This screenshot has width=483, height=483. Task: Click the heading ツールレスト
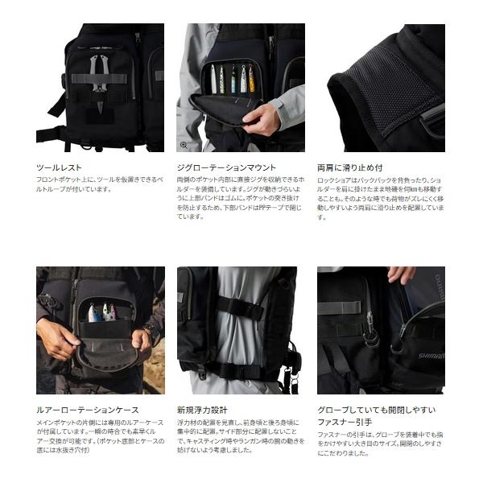click(x=58, y=167)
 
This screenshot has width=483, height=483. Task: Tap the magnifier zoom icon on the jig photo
click(x=184, y=146)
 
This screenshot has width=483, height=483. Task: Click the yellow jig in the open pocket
click(x=251, y=79)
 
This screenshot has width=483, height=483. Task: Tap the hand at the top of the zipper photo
click(x=400, y=275)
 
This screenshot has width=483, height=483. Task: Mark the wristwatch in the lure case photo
click(x=147, y=329)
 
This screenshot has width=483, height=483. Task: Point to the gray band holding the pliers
click(x=97, y=79)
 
